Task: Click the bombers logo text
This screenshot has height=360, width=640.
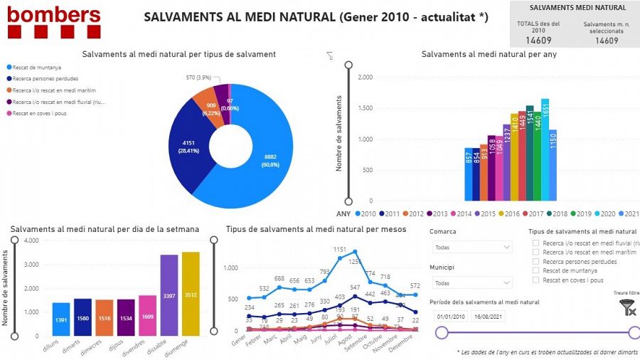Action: click(x=53, y=14)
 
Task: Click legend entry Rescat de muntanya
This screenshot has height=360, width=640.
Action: click(x=39, y=67)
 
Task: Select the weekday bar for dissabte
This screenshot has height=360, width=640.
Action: click(x=169, y=295)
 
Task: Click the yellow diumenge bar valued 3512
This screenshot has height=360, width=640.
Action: click(x=191, y=294)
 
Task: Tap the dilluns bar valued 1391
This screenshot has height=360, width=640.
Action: click(x=61, y=319)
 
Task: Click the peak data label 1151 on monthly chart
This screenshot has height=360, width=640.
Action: click(x=340, y=250)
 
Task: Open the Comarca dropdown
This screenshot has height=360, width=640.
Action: click(x=471, y=247)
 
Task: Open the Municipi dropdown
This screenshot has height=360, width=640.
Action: click(x=471, y=283)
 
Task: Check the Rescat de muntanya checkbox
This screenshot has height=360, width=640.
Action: click(x=536, y=270)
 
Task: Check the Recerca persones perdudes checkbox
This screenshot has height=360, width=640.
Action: click(x=536, y=261)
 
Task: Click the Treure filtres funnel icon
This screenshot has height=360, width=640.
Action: click(x=627, y=307)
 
